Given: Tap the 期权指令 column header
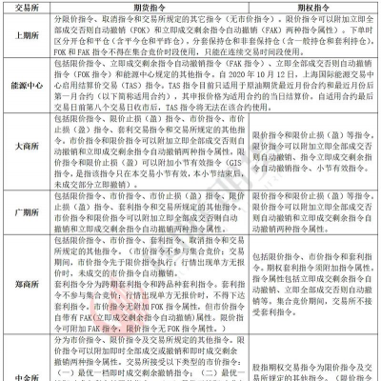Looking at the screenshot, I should pos(312,8).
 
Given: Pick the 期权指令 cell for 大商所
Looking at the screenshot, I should pos(312,175).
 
